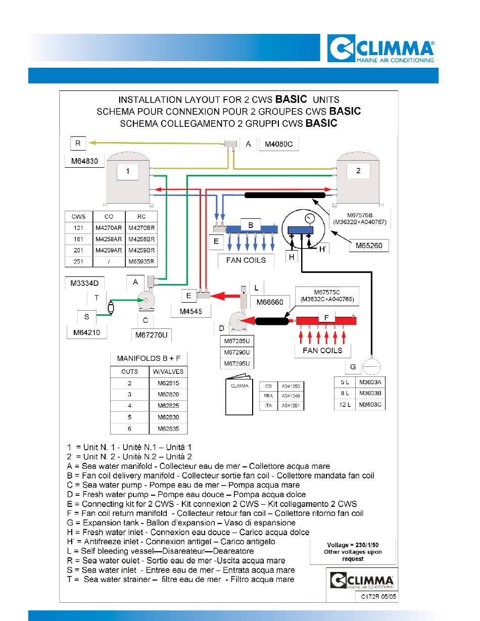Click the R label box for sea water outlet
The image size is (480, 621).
click(x=78, y=143)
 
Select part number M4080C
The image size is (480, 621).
click(x=278, y=144)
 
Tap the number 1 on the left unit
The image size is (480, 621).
click(x=128, y=171)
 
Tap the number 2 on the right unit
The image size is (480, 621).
click(x=358, y=171)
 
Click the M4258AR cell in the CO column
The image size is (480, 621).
click(x=109, y=239)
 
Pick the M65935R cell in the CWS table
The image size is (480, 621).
click(x=141, y=262)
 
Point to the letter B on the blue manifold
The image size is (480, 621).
click(x=251, y=225)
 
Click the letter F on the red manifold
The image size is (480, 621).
click(x=326, y=317)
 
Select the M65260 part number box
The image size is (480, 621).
click(x=369, y=246)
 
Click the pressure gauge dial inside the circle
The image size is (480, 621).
click(x=310, y=219)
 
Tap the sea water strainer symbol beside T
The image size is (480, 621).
click(x=111, y=308)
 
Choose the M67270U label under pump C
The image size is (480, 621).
click(x=152, y=335)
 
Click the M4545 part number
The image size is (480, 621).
click(x=191, y=311)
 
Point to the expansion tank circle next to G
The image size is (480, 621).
click(x=371, y=367)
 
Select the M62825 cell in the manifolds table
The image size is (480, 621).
click(x=168, y=406)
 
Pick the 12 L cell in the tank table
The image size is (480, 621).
click(x=345, y=405)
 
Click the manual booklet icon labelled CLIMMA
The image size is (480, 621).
click(x=239, y=394)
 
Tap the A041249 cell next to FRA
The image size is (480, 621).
click(x=291, y=396)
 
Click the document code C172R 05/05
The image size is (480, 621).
click(x=378, y=596)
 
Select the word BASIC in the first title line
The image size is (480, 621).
click(x=291, y=99)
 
